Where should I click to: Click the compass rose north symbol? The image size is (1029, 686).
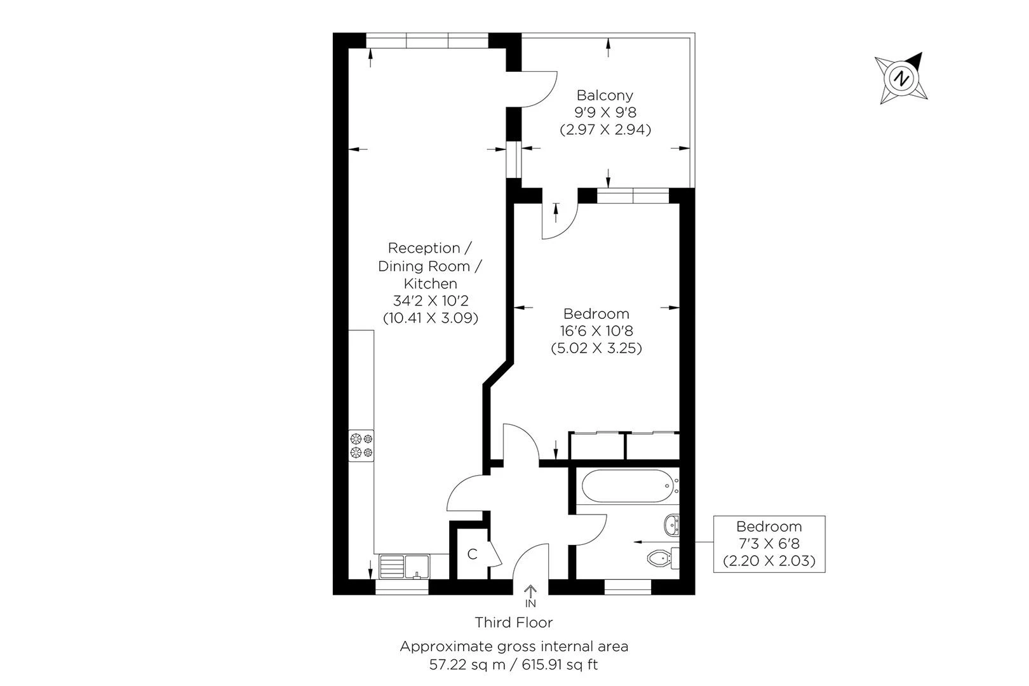pos(901,79)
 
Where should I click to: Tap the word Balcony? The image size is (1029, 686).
pos(605,95)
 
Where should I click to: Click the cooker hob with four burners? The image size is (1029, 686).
pos(361,446)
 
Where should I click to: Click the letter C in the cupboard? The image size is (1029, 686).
pos(472,554)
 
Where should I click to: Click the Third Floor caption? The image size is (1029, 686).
pos(514,622)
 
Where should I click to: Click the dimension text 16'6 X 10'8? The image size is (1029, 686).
pos(596,331)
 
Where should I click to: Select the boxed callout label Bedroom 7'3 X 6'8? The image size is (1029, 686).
pos(769,544)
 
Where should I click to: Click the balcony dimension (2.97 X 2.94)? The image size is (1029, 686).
pos(605,130)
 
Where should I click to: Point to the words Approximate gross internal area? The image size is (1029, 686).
pos(514,647)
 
